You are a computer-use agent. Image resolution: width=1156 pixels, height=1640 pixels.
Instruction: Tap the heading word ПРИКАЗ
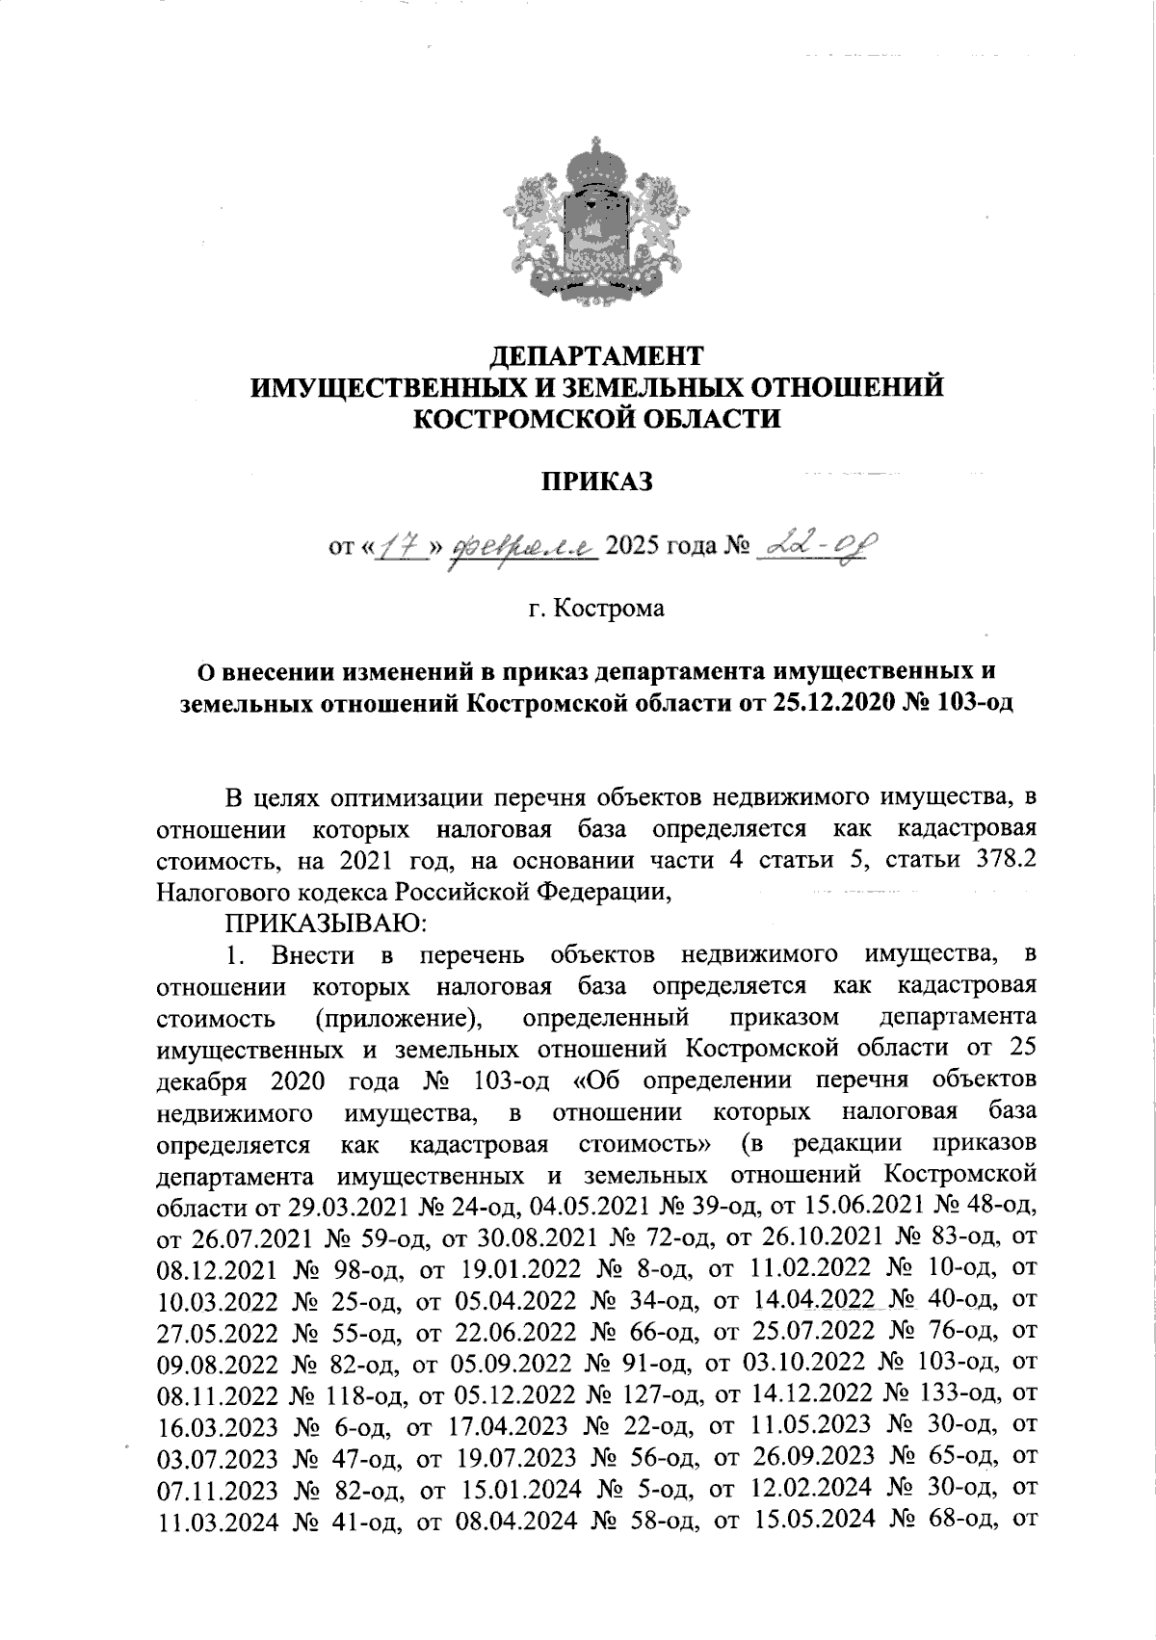(x=595, y=481)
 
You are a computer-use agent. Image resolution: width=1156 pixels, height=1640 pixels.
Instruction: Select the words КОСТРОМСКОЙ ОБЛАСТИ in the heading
(x=596, y=419)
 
